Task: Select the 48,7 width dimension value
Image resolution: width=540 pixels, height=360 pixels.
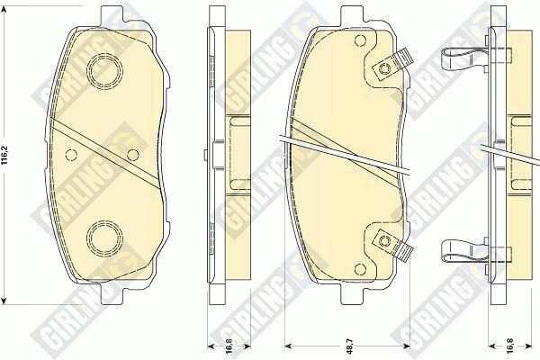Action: coord(349,346)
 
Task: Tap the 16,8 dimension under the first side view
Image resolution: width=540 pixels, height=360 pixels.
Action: coord(229,346)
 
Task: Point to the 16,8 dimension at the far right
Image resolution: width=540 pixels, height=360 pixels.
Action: coord(510,346)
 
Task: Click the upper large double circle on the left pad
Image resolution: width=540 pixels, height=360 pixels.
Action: coord(104,71)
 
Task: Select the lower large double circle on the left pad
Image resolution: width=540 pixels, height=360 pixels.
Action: coord(104,237)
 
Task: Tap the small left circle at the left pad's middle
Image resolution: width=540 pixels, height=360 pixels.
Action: coord(71,155)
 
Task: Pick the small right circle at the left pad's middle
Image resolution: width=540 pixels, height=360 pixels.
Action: coord(132,155)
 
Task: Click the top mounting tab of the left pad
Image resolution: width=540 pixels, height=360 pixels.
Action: coord(112,15)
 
